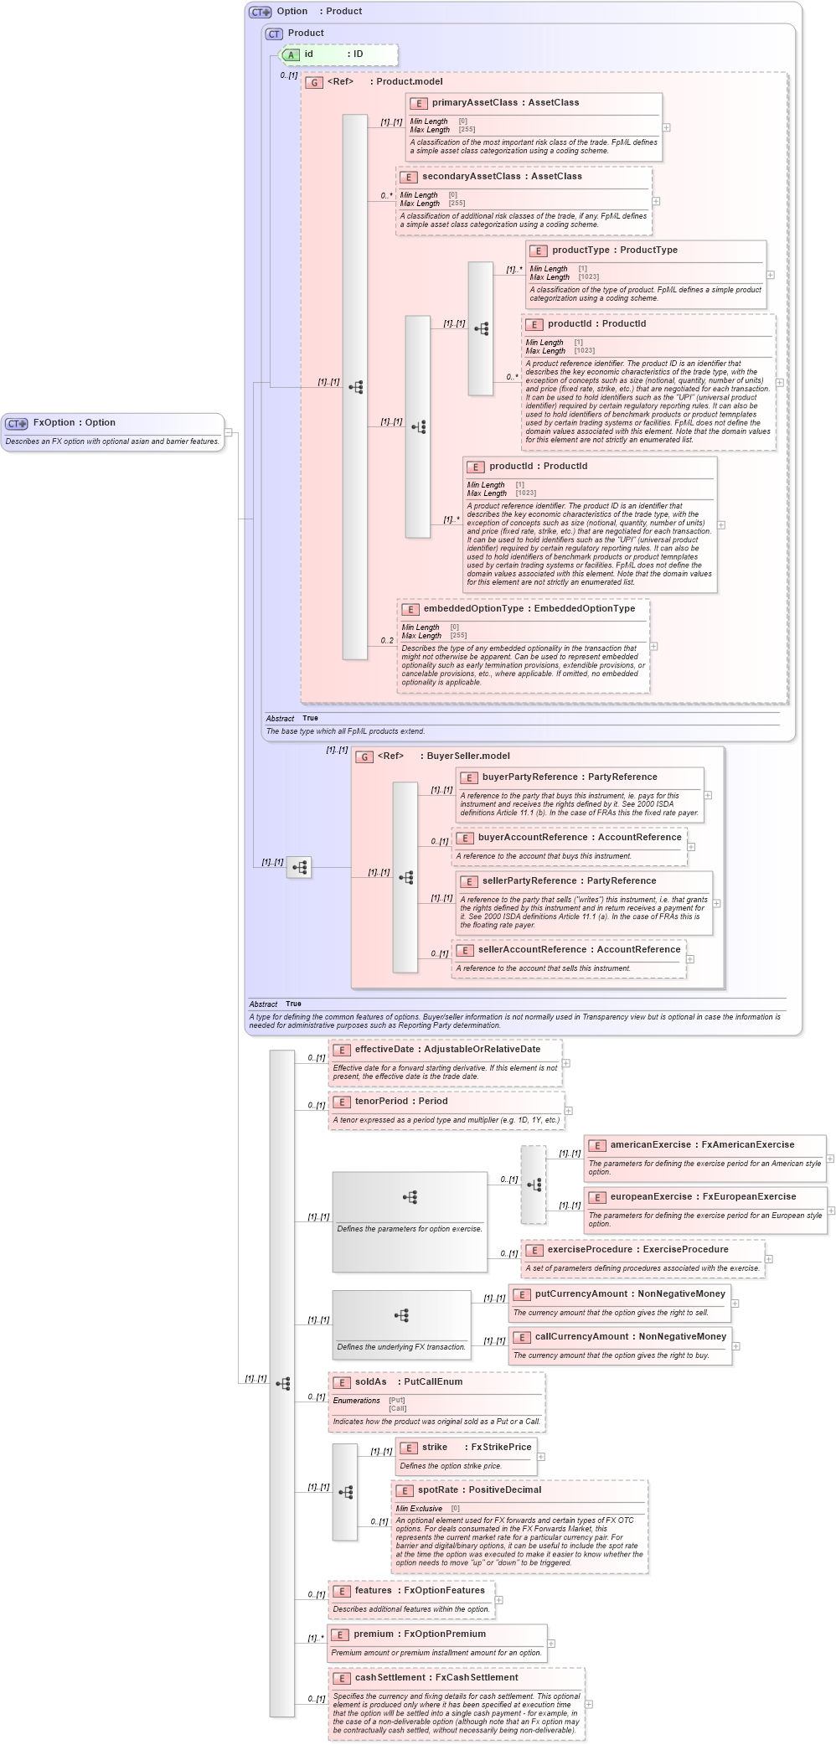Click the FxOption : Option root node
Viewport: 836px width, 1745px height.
[74, 423]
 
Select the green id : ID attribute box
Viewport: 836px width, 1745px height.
[338, 54]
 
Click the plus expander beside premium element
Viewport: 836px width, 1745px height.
[551, 1644]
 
